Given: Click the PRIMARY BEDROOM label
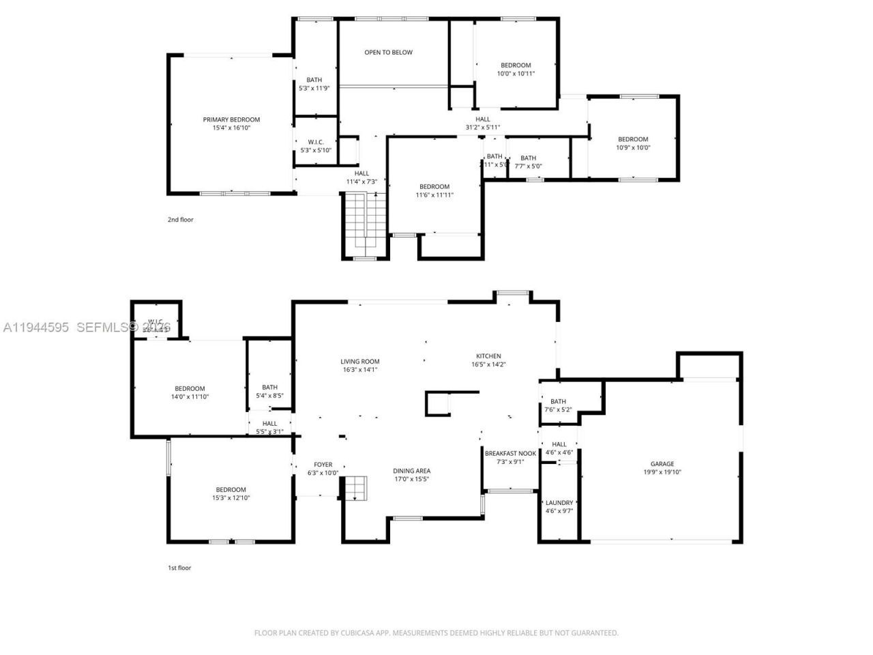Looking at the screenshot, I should click(x=231, y=119).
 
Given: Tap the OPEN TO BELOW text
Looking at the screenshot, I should click(x=388, y=53).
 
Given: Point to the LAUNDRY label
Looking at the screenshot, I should click(x=559, y=503).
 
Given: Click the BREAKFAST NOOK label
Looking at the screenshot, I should click(x=510, y=454).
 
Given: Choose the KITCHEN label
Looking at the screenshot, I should click(x=488, y=356).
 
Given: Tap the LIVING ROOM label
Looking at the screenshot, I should click(x=360, y=362).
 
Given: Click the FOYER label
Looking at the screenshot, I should click(x=323, y=465).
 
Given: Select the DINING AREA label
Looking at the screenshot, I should click(x=411, y=471).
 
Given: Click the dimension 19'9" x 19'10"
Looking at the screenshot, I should click(x=662, y=472).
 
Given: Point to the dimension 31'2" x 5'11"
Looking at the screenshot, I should click(x=483, y=128).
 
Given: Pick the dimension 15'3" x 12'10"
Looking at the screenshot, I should click(x=231, y=498).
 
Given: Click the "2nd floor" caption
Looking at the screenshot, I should click(x=181, y=220).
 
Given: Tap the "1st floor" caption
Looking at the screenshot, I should click(x=179, y=568).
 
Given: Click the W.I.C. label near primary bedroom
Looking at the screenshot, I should click(x=315, y=142).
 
